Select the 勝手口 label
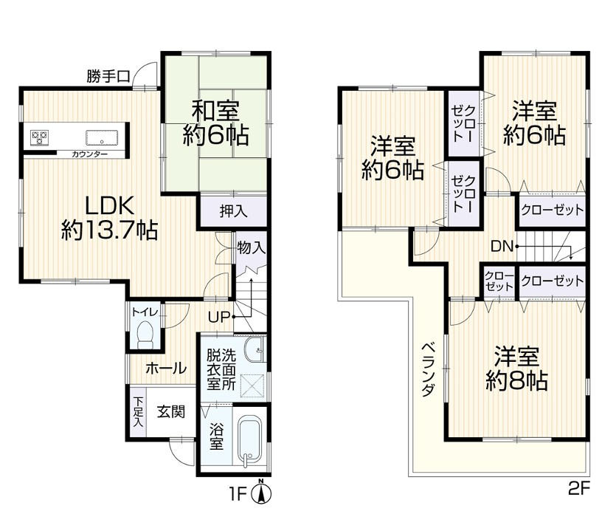(x=108, y=75)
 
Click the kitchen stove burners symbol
(x=39, y=137)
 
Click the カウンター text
(x=89, y=154)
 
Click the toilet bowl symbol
(x=145, y=334)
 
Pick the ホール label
(x=165, y=368)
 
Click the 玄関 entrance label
(x=170, y=412)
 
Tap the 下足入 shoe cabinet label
(x=138, y=411)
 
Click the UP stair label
(x=218, y=317)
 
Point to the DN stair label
(x=501, y=246)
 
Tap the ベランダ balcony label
(x=427, y=370)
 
